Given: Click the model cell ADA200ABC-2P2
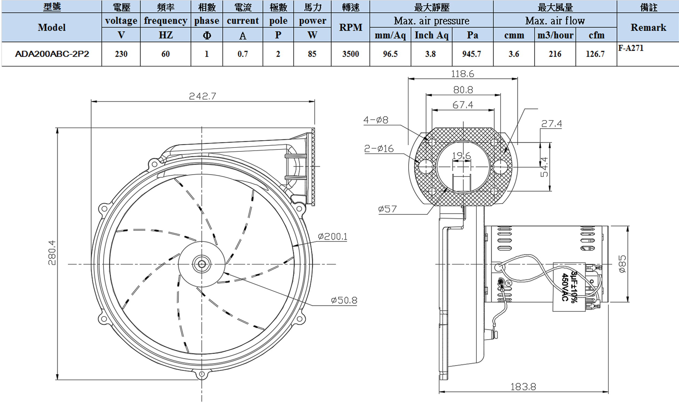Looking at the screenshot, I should coord(52,54).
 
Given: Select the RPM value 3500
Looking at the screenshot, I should coord(350,54).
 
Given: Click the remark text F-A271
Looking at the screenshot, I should coord(630,48).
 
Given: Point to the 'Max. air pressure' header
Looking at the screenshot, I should coord(431,21).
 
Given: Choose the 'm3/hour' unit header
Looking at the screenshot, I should coord(555,35).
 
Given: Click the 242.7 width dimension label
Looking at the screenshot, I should coord(202,96).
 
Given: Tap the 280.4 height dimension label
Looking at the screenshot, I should coord(52,252).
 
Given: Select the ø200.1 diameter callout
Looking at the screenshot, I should coord(333,237).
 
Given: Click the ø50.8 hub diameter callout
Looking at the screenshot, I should coord(344,300).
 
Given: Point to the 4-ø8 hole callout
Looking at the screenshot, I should coord(376,120).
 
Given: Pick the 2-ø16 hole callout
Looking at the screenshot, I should coord(379,149).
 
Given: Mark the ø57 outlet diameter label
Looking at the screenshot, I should coord(387,209).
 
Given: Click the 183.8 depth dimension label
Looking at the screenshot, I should coord(523,387).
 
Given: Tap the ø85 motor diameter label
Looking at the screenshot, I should coord(622,264).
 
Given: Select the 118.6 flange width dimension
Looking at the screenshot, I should coord(462,74).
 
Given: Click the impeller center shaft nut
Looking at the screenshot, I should coord(202,264).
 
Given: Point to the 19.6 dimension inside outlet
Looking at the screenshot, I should coord(461,156).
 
